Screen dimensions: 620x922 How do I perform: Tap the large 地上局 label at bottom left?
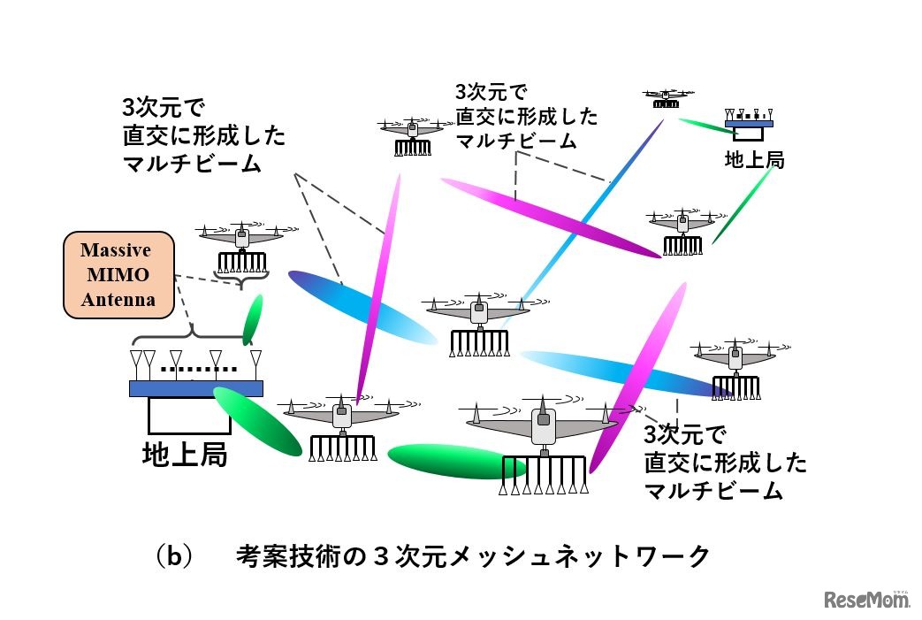[x=185, y=454]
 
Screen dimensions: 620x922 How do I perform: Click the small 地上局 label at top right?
[x=754, y=160]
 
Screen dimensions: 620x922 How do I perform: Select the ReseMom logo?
[x=867, y=601]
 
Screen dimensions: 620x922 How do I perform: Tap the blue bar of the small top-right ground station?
[x=748, y=124]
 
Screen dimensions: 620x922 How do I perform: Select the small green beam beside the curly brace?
[x=253, y=319]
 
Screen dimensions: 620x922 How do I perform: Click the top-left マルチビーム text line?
[x=192, y=164]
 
